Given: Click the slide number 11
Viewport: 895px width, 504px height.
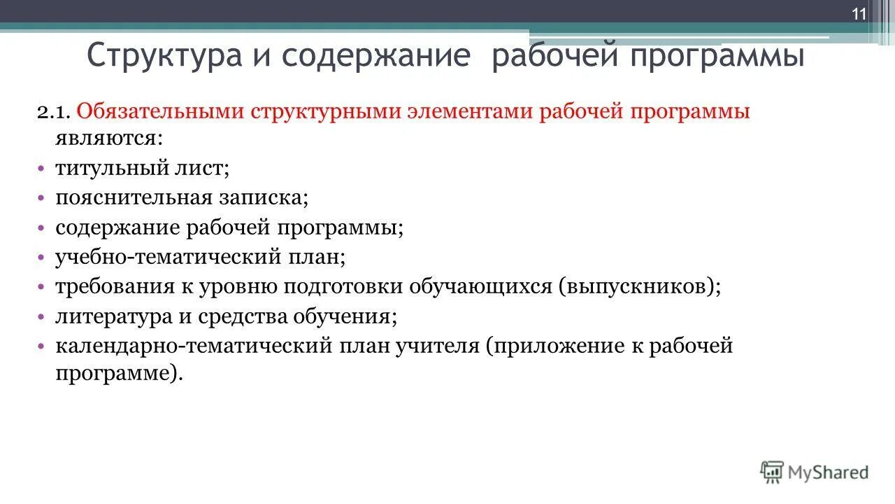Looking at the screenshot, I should (x=859, y=15).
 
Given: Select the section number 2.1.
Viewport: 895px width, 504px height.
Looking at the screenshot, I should (x=54, y=112).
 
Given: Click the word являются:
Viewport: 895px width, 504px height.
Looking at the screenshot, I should (x=108, y=138).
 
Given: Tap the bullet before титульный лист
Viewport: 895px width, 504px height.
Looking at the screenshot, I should (x=41, y=169).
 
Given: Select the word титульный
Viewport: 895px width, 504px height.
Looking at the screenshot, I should (x=112, y=169).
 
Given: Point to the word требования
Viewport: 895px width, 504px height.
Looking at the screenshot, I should (x=119, y=287).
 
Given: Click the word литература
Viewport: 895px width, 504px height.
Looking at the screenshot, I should (x=114, y=316).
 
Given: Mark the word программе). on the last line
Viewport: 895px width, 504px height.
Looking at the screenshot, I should (x=119, y=372).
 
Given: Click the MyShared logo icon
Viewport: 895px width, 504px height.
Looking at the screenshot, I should (x=772, y=472).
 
